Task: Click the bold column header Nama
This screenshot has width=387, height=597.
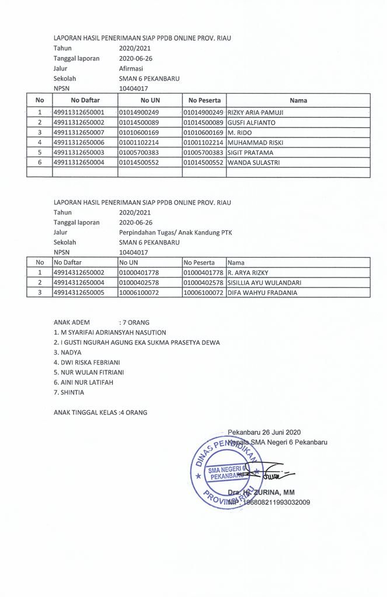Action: (298, 100)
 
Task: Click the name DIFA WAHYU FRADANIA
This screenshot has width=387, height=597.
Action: (262, 293)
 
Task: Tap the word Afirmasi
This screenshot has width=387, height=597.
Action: (131, 68)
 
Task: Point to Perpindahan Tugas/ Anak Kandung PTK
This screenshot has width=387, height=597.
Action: (169, 232)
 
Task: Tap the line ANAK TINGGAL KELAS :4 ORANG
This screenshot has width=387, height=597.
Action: (100, 413)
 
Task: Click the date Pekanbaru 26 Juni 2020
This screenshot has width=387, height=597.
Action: (264, 432)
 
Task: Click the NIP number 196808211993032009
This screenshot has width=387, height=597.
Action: (276, 502)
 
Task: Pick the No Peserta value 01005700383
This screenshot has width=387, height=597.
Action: (203, 153)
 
